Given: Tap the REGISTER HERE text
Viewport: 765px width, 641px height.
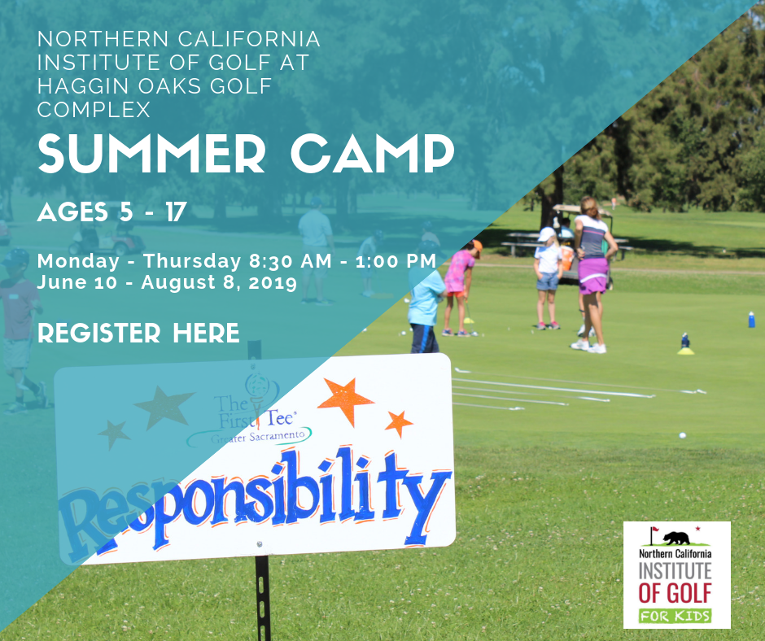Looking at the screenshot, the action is point(138,333).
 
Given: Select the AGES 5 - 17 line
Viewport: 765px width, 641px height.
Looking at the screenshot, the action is point(112,212).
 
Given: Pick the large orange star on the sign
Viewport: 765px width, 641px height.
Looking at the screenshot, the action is point(345,400).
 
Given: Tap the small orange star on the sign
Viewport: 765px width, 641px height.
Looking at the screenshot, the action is point(399,424).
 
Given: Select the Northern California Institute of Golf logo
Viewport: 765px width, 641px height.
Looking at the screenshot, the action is point(676,574).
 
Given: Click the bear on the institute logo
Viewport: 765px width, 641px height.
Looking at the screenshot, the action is point(676,538).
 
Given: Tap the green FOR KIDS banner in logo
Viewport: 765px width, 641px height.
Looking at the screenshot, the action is point(675,616).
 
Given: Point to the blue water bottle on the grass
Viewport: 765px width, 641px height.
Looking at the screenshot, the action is point(751,320).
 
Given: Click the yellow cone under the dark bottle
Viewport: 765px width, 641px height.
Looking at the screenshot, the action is point(685,351).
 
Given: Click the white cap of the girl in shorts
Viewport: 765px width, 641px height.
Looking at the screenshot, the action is point(546,234).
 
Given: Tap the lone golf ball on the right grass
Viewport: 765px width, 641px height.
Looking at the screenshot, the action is point(682,435).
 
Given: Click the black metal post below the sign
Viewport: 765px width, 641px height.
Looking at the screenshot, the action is point(263,598).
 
